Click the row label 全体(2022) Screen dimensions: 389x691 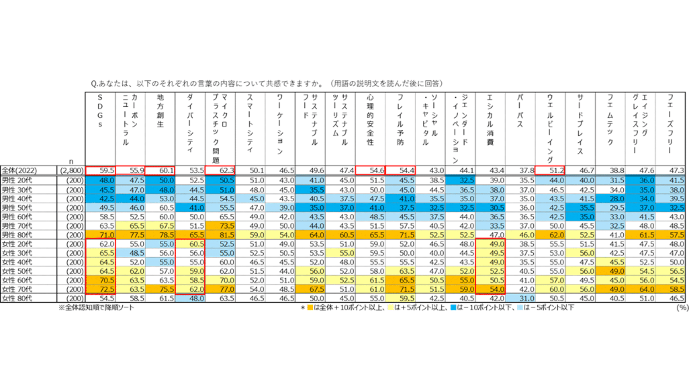19,170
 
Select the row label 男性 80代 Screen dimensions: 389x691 17,235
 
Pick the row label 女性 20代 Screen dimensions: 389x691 17,244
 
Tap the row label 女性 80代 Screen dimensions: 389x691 17,298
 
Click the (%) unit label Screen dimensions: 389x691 682,308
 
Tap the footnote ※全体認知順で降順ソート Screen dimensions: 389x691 96,308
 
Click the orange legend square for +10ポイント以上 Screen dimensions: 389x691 310,308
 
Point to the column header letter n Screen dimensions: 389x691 71,161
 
